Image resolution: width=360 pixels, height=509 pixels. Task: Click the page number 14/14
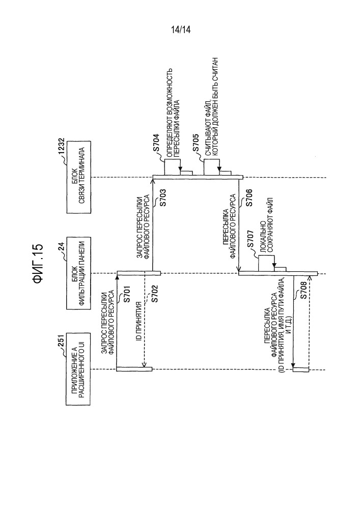181,30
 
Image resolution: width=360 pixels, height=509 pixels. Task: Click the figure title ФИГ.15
38,264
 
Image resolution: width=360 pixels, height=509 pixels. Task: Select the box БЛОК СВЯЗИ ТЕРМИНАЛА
78,177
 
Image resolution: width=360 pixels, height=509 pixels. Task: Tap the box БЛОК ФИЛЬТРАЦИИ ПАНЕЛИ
78,273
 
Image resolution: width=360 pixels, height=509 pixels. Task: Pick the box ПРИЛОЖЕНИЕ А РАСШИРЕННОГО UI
78,369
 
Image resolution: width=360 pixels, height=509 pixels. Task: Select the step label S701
127,294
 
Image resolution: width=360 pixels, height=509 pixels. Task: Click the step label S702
154,294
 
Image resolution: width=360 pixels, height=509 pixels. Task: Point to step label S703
163,197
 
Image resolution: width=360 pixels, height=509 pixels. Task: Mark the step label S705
196,143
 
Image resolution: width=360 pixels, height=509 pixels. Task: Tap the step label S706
249,197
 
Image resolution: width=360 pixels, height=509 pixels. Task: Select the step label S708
303,294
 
